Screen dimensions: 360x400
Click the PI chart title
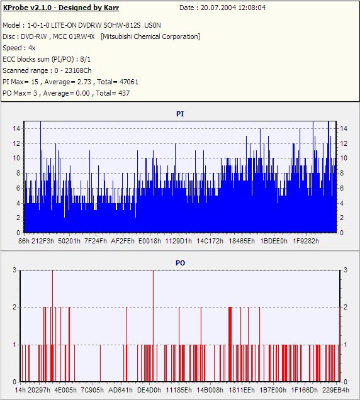click(x=180, y=114)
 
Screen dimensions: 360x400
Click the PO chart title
click(x=180, y=263)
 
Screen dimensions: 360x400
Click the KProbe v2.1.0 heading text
click(x=61, y=8)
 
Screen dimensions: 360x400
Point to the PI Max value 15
click(x=35, y=82)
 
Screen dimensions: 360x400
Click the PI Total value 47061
click(x=129, y=82)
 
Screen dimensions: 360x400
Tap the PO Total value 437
click(x=124, y=93)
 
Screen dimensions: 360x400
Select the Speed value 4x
click(x=32, y=48)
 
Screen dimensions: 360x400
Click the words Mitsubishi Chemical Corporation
click(x=150, y=36)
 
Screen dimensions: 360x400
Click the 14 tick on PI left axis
click(x=16, y=128)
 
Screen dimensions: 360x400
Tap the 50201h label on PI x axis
click(x=69, y=241)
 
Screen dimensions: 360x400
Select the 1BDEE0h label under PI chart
click(x=273, y=241)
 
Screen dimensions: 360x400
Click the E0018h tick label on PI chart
click(x=150, y=241)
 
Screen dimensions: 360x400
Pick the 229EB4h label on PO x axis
click(x=335, y=390)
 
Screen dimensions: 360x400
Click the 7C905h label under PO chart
click(x=92, y=390)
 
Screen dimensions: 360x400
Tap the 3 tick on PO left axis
click(x=14, y=270)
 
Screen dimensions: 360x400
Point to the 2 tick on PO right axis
click(x=346, y=307)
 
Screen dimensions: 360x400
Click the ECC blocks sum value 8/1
click(x=85, y=60)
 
